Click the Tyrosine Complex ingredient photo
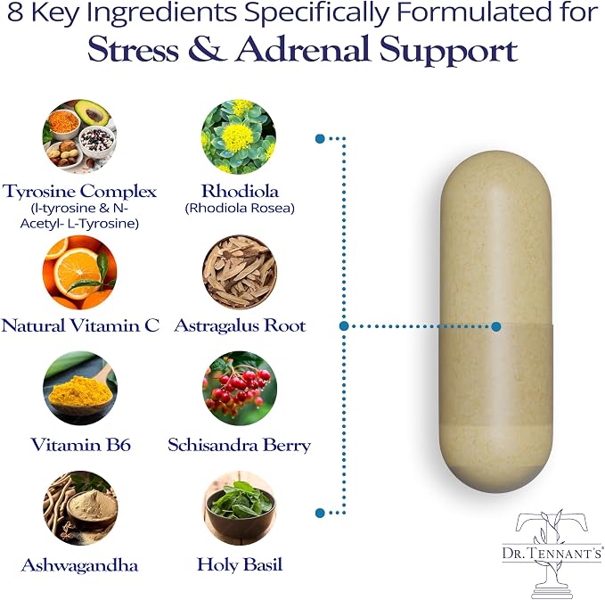click(x=79, y=136)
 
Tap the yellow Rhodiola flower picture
click(x=239, y=136)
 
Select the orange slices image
click(x=79, y=272)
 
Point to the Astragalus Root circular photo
click(x=239, y=272)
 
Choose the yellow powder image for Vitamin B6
click(x=80, y=388)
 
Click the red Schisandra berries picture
click(x=240, y=388)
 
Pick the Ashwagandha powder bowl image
click(x=80, y=507)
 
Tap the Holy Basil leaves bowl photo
click(x=240, y=507)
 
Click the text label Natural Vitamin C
click(x=80, y=325)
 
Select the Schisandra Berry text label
click(x=239, y=445)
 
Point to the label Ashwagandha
click(x=79, y=565)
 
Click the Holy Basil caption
click(x=240, y=564)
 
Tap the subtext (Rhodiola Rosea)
click(x=240, y=208)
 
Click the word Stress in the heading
click(x=133, y=50)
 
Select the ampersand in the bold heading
click(x=207, y=49)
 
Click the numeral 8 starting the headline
click(x=15, y=12)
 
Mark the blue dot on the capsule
click(x=496, y=326)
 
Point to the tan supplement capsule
click(x=496, y=321)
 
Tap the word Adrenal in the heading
click(x=302, y=49)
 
